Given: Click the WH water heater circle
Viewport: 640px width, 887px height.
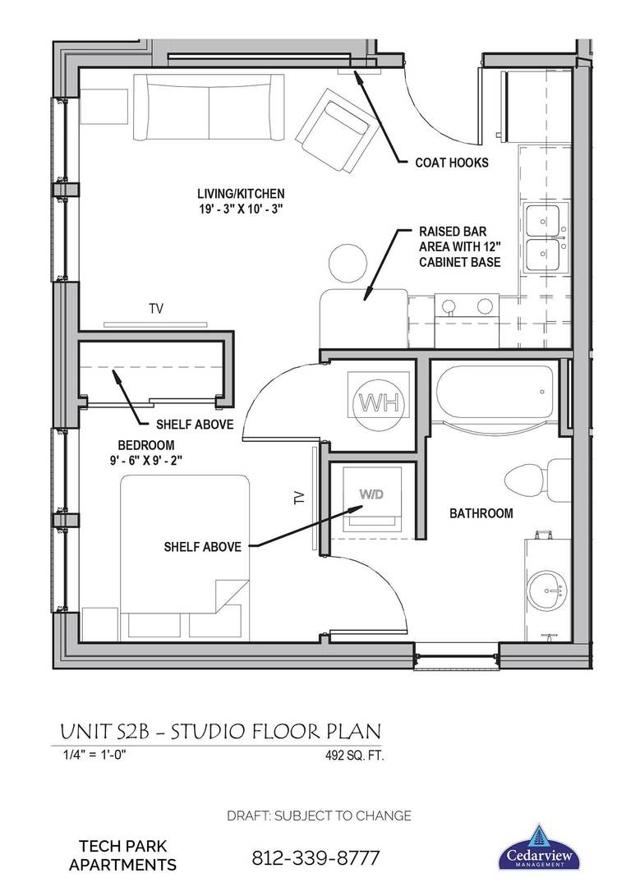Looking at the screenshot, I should (x=378, y=402).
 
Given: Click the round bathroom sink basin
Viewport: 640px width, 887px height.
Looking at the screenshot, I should (x=546, y=590).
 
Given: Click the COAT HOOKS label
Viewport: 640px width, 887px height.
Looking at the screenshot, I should (x=452, y=163).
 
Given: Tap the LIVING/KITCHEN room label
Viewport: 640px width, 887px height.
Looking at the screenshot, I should (x=240, y=194).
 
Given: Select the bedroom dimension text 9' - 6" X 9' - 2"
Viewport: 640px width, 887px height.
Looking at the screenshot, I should (x=150, y=460).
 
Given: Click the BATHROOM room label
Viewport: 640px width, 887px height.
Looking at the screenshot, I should (x=481, y=513).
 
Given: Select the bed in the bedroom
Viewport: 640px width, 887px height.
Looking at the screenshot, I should (x=185, y=542).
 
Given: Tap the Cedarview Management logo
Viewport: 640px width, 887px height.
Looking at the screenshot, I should (x=540, y=847).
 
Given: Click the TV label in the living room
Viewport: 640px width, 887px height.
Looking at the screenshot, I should (x=155, y=309).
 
